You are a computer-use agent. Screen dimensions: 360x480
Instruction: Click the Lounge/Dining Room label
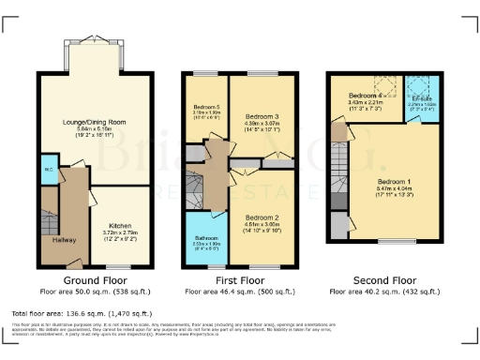coord(94,122)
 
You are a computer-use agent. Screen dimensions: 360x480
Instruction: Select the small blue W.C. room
coord(47,171)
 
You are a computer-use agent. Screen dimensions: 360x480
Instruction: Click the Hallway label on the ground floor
coord(65,239)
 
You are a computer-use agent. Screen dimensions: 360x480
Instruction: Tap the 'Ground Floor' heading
coord(94,280)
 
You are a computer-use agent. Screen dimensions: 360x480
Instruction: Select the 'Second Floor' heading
coord(384,280)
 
